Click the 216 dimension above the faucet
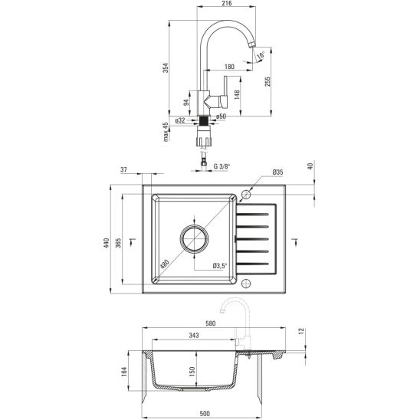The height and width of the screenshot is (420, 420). click(227, 4)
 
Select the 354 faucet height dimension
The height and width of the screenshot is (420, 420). click(166, 67)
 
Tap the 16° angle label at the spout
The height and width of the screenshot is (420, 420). click(261, 55)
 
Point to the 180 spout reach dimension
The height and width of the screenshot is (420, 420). click(229, 67)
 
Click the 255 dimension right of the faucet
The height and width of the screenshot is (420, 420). click(267, 82)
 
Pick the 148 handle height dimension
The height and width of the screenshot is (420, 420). click(237, 95)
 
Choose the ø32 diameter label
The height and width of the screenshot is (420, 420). click(180, 120)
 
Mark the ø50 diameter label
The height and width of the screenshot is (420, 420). click(221, 116)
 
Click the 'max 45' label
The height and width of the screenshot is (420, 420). click(166, 132)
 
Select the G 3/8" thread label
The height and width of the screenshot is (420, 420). click(221, 166)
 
